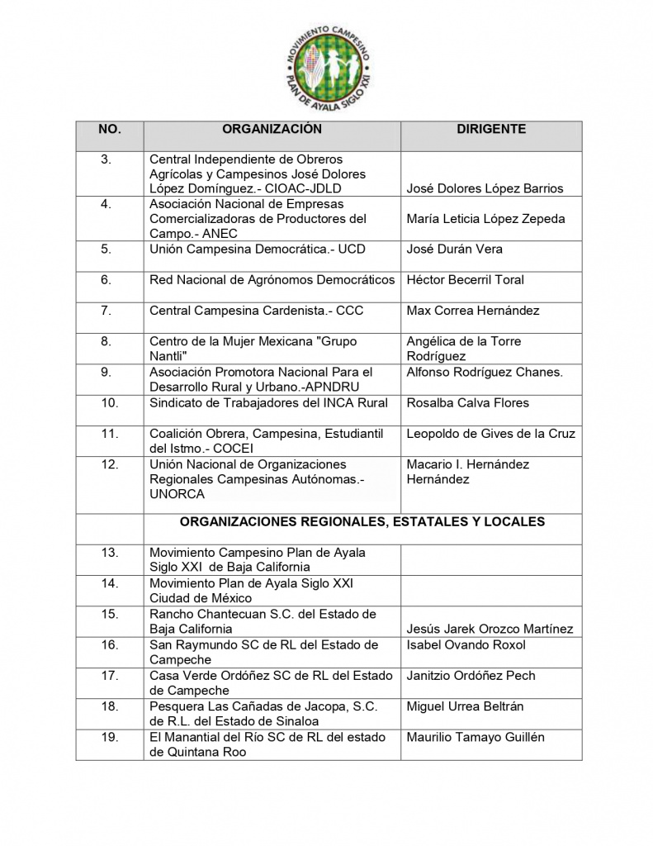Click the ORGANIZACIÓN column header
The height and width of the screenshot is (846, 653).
272,130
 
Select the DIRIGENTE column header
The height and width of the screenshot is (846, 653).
491,130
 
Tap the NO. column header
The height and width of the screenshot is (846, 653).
109,130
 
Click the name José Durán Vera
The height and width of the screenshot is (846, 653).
454,250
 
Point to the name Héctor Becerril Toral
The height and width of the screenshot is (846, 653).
465,280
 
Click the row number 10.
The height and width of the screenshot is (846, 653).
109,403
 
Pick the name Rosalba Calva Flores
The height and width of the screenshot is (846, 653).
468,403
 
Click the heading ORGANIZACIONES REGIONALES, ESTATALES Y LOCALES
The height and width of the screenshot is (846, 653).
362,522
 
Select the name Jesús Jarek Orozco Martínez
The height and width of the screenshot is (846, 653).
490,630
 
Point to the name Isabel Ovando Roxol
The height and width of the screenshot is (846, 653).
466,644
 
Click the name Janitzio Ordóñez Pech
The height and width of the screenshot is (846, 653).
471,676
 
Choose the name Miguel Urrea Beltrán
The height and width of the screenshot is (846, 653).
465,707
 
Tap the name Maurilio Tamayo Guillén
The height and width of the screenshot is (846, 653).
476,738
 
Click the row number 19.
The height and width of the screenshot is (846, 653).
109,738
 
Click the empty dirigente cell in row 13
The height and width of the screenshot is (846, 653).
491,560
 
